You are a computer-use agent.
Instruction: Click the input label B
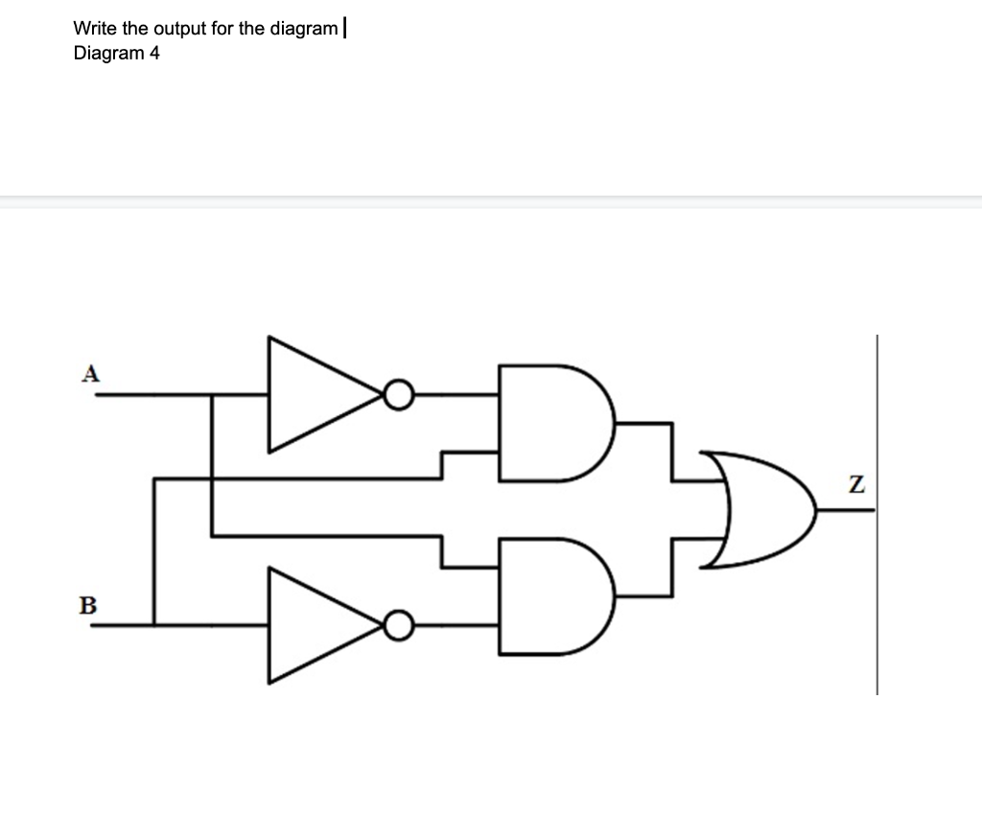(88, 605)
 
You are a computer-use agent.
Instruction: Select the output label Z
(857, 486)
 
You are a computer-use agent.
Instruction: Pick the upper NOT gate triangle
(312, 393)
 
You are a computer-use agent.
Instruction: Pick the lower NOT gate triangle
(312, 625)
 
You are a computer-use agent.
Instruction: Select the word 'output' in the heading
(179, 28)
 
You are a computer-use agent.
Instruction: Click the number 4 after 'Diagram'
(154, 53)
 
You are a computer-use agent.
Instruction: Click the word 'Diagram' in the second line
(107, 53)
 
